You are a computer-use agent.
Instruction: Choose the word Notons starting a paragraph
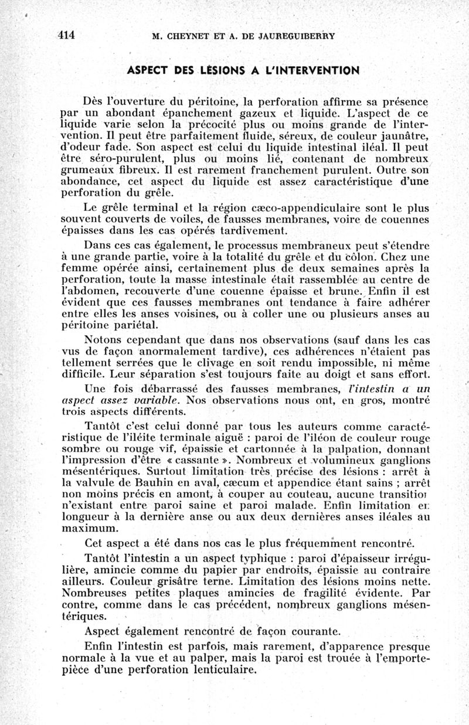[x=104, y=339]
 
